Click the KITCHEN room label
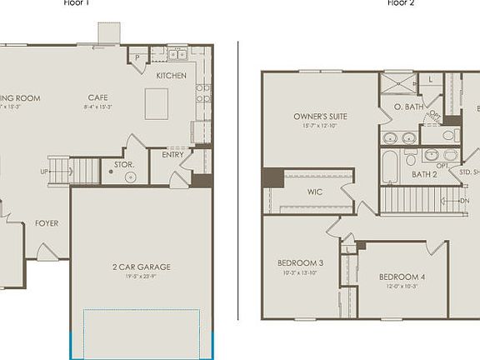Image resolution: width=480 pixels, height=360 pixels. click(172, 76)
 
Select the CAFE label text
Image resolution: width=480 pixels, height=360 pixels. click(99, 97)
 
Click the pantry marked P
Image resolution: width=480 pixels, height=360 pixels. click(137, 57)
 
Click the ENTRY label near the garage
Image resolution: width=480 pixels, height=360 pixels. click(173, 154)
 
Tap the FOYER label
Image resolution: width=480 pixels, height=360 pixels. click(47, 223)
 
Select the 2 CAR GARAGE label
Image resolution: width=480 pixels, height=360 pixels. click(142, 267)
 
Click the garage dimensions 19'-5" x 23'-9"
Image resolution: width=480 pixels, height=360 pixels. click(142, 277)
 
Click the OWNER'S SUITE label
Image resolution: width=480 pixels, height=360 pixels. click(320, 116)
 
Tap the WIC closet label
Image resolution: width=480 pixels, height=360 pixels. click(314, 192)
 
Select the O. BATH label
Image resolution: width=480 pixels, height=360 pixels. click(407, 106)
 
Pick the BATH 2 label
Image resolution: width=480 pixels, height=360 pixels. click(424, 175)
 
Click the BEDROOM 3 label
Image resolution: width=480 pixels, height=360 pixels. click(301, 263)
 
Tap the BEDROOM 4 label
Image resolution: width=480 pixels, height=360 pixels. click(402, 277)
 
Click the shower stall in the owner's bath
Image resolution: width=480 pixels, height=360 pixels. click(397, 82)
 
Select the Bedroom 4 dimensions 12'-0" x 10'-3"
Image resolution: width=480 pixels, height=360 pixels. click(402, 287)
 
